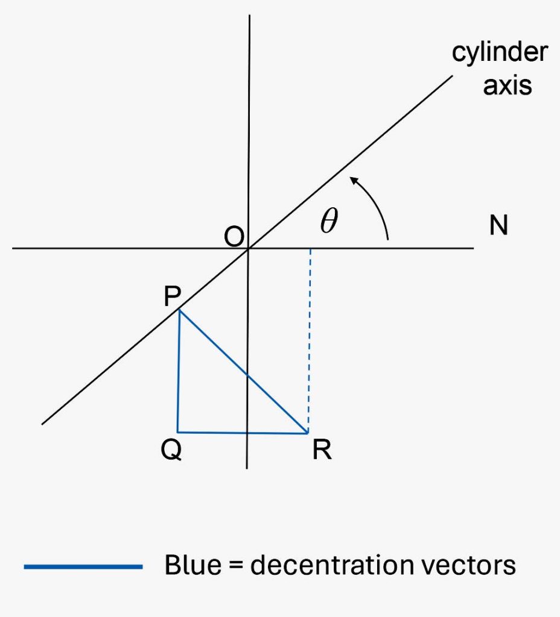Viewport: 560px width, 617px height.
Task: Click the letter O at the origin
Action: pyautogui.click(x=234, y=237)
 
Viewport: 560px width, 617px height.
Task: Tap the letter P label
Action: pyautogui.click(x=172, y=296)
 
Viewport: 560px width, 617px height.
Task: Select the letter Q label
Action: pyautogui.click(x=171, y=449)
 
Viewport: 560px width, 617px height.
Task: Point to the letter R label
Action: pyautogui.click(x=322, y=449)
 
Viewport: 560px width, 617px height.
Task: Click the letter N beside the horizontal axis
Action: pyautogui.click(x=498, y=225)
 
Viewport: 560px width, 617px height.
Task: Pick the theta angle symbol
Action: pyautogui.click(x=329, y=220)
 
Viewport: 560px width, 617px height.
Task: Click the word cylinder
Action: pyautogui.click(x=500, y=52)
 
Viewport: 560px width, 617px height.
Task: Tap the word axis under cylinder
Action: pyautogui.click(x=507, y=86)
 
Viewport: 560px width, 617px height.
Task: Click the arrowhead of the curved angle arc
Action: pyautogui.click(x=354, y=181)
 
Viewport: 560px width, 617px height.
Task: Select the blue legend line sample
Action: pyautogui.click(x=83, y=566)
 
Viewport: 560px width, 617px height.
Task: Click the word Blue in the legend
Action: pyautogui.click(x=192, y=565)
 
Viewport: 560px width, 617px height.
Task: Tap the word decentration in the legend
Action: pyautogui.click(x=332, y=565)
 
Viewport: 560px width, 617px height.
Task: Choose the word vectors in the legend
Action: pyautogui.click(x=468, y=566)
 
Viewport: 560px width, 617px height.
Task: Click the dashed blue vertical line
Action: pyautogui.click(x=310, y=341)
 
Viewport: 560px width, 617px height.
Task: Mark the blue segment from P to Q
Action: pyautogui.click(x=179, y=371)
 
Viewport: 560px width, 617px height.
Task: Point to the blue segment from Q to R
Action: pyautogui.click(x=243, y=433)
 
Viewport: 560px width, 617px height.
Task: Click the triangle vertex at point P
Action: pyautogui.click(x=179, y=310)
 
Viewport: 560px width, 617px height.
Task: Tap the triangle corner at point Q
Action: pyautogui.click(x=178, y=432)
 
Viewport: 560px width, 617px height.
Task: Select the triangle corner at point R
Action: pyautogui.click(x=307, y=433)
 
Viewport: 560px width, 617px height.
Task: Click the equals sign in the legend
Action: pyautogui.click(x=236, y=566)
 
